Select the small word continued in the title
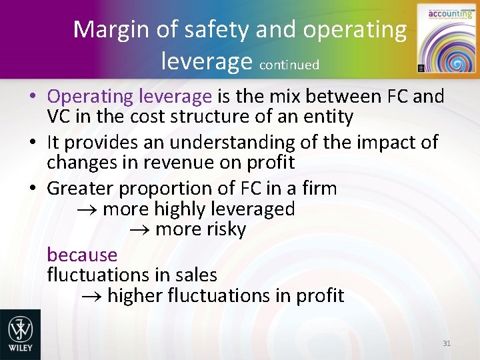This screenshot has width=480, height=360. click(x=289, y=65)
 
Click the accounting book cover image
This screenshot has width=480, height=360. click(x=443, y=39)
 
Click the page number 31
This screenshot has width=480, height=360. click(x=447, y=343)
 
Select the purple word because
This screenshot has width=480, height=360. click(x=82, y=255)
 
